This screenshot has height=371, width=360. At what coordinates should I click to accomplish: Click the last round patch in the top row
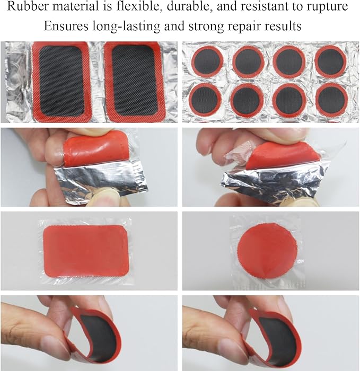331,61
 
